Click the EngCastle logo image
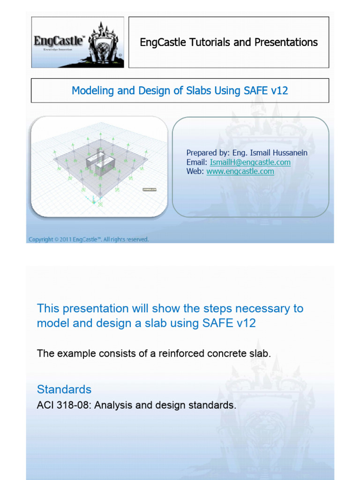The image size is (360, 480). [x=78, y=42]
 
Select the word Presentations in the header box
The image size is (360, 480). [x=286, y=42]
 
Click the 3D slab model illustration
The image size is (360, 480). [x=99, y=166]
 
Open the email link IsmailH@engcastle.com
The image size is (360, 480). [x=250, y=162]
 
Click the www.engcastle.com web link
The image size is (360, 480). [x=240, y=171]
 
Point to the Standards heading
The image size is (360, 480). [x=64, y=389]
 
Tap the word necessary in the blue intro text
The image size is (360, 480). [x=267, y=308]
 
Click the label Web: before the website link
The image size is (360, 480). [x=195, y=171]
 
